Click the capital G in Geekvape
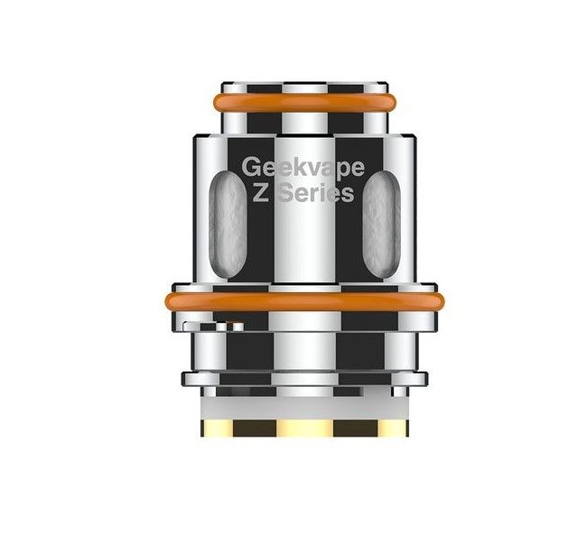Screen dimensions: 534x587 [250, 167]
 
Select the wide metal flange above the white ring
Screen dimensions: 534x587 [303, 377]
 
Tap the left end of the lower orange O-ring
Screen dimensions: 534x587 [172, 300]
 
